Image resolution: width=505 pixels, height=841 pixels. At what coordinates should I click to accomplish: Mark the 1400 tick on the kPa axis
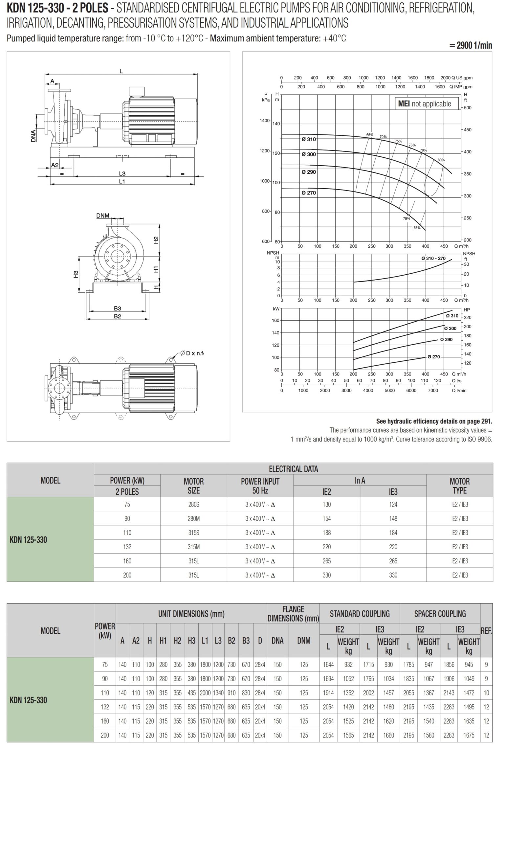tap(264, 121)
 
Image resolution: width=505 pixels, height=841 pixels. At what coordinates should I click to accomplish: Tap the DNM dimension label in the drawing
tap(103, 216)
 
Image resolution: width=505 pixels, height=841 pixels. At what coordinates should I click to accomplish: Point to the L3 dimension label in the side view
tap(122, 174)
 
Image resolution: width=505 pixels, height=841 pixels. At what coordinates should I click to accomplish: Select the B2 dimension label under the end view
tap(118, 316)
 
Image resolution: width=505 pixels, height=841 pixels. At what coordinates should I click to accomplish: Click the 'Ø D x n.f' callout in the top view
tap(193, 353)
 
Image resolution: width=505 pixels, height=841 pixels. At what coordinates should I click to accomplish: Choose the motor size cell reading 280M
tap(194, 518)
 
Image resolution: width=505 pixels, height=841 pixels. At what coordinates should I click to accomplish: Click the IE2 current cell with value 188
tap(326, 533)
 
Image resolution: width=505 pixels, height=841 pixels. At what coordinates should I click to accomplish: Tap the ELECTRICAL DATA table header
tap(293, 469)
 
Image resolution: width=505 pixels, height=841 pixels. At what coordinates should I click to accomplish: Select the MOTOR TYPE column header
tap(459, 486)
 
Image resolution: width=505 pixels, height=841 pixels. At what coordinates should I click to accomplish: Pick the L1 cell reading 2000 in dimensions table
tap(205, 693)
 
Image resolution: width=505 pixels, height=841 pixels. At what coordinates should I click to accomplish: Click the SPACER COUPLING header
tap(440, 614)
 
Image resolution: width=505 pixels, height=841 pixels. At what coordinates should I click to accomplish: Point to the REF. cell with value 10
tap(486, 693)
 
